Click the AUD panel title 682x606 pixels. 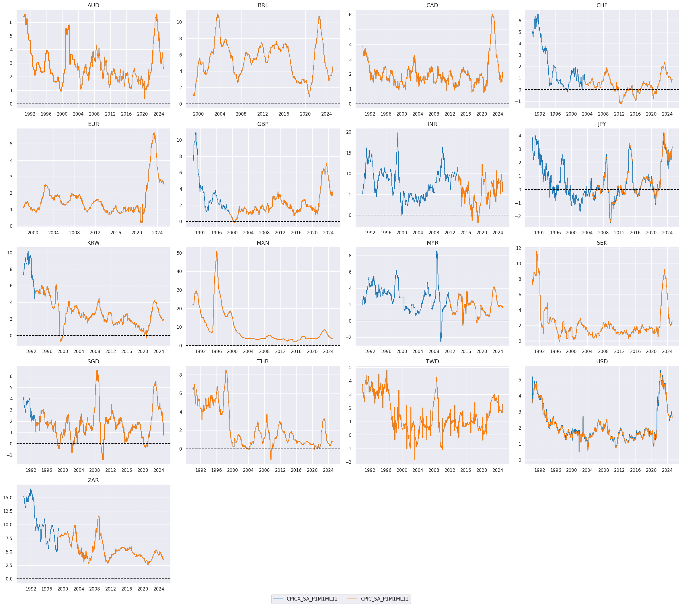93,5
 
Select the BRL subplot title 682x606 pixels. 263,5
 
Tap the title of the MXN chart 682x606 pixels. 263,243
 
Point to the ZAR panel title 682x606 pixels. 93,480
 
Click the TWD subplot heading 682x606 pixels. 432,361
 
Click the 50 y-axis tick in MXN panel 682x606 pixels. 179,253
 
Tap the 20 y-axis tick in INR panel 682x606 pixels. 349,132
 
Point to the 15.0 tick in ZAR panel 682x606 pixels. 8,498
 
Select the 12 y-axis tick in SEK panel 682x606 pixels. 518,248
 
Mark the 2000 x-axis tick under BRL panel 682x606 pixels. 198,114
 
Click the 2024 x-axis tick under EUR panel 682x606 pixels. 157,233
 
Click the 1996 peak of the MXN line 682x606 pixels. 217,252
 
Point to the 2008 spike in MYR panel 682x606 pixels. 437,252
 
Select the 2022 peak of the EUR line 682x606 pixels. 154,133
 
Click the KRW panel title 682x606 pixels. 93,243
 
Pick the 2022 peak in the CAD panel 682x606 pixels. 492,14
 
